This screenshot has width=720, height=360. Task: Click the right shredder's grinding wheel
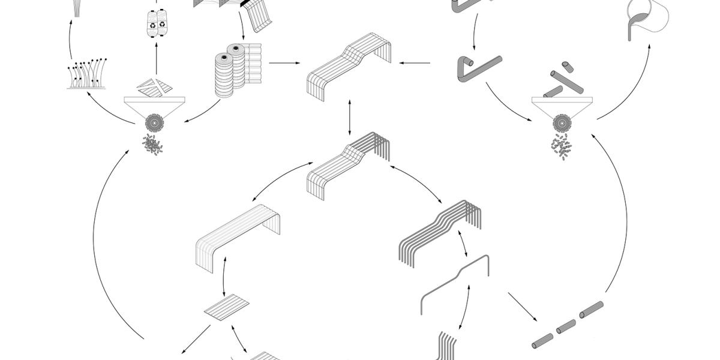coord(562,123)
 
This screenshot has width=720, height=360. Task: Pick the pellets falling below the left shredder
coord(154,145)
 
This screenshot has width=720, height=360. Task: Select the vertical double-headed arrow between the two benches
coord(350,118)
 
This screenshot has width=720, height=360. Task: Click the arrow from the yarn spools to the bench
coord(284,62)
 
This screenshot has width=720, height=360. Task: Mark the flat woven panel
coord(226,307)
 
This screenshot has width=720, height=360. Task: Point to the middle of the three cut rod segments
coord(566,327)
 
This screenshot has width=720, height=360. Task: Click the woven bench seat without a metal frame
coord(239,237)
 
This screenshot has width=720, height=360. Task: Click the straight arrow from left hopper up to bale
coord(156,60)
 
